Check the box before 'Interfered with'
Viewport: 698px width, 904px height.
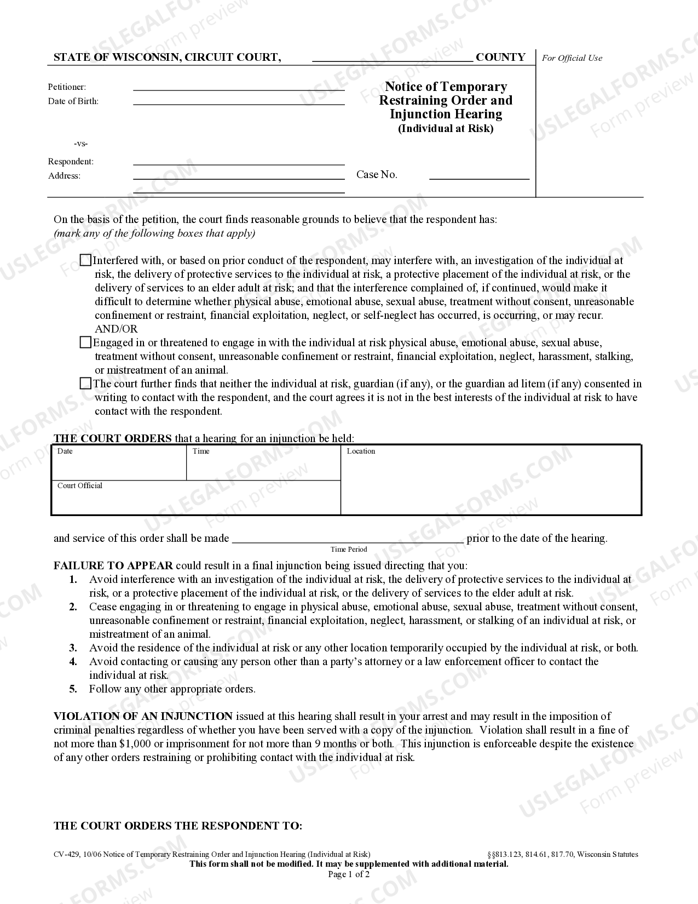[x=85, y=260]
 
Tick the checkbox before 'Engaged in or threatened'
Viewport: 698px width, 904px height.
[x=85, y=342]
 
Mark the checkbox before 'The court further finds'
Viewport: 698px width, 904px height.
[x=85, y=384]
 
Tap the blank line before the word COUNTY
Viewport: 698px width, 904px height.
[x=392, y=58]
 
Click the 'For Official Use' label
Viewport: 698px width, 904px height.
[x=572, y=58]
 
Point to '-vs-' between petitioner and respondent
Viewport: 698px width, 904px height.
[x=80, y=144]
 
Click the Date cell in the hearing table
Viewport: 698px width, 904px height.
[x=119, y=464]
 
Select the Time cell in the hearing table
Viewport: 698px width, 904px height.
[x=263, y=464]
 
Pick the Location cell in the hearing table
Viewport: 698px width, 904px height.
[x=491, y=480]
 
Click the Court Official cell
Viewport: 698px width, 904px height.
[x=195, y=498]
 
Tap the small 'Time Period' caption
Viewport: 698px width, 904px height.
[x=349, y=549]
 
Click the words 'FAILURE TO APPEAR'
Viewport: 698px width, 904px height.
[x=113, y=565]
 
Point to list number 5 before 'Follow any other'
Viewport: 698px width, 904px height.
[x=73, y=689]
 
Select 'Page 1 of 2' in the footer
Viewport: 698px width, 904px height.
[x=349, y=874]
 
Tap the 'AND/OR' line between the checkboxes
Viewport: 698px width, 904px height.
[x=116, y=329]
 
